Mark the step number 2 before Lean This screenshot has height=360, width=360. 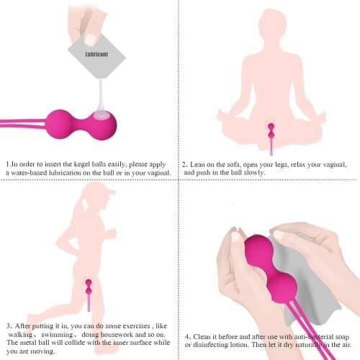point(184,164)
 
